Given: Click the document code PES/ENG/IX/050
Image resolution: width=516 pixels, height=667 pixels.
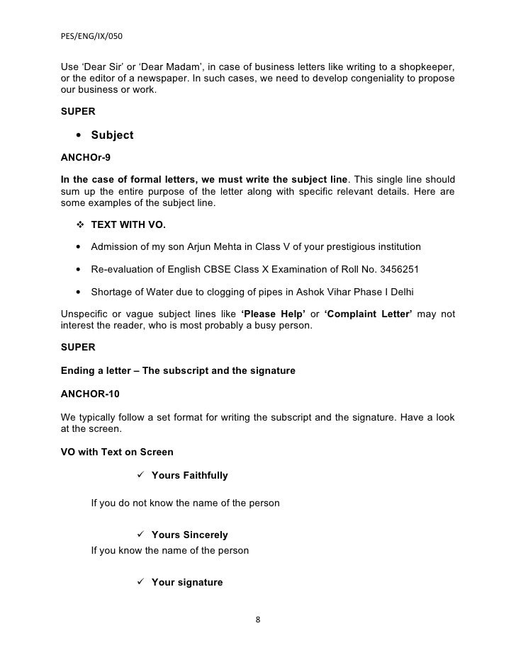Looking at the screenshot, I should [x=92, y=34].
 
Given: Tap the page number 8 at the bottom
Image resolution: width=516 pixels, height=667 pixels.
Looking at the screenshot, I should [x=258, y=620].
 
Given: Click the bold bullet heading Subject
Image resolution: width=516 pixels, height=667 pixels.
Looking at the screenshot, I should [x=112, y=135].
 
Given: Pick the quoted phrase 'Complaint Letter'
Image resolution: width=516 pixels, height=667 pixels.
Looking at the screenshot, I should [x=368, y=314].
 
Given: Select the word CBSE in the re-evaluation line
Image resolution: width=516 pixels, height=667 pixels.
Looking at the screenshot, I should [x=216, y=269].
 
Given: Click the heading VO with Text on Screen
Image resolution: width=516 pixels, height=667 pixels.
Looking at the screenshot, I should [x=116, y=452].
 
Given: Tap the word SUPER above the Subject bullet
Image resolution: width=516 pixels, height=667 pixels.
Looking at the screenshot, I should [x=79, y=111].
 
